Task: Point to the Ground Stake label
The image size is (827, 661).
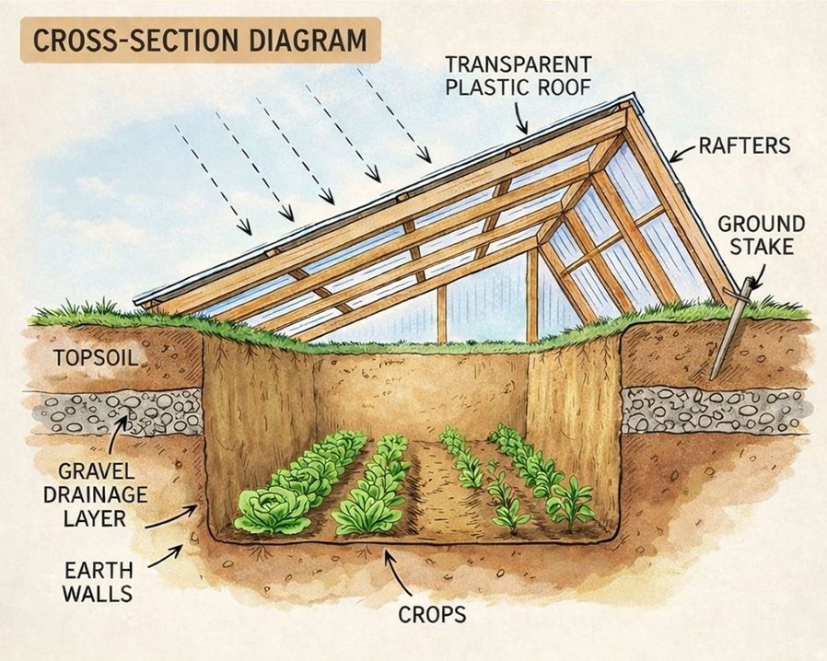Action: (x=761, y=236)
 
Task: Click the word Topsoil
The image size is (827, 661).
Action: (x=87, y=357)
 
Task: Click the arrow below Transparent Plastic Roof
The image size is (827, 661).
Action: (x=521, y=118)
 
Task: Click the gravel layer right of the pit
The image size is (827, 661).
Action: (x=715, y=410)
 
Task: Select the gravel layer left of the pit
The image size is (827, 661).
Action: (x=120, y=412)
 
